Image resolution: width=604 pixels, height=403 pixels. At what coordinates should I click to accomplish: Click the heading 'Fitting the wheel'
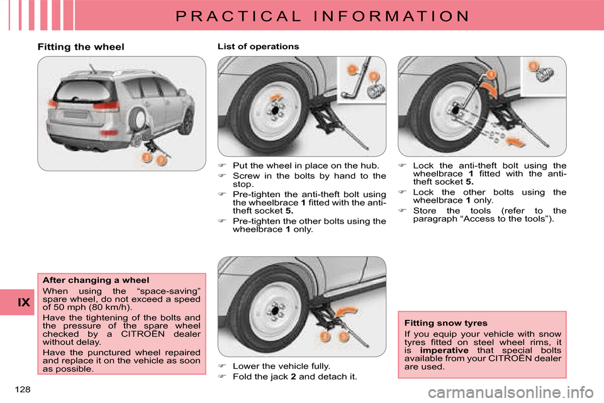click(x=81, y=47)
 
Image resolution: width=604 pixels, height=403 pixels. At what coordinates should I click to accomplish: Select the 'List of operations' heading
click(x=258, y=47)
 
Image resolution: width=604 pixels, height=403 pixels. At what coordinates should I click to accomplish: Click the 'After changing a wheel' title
click(x=96, y=280)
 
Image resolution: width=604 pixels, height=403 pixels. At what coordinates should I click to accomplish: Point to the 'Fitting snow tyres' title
click(x=445, y=323)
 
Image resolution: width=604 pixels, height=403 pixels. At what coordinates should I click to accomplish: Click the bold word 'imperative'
click(x=444, y=350)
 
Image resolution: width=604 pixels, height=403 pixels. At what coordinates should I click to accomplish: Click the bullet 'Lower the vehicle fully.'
click(x=281, y=366)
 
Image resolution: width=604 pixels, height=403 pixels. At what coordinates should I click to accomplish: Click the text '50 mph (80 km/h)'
click(x=87, y=307)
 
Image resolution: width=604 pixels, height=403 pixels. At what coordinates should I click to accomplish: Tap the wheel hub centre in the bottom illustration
click(x=275, y=311)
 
